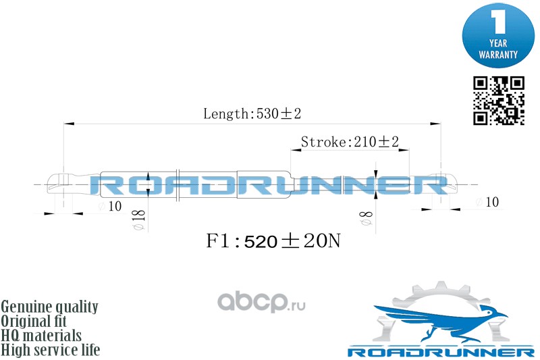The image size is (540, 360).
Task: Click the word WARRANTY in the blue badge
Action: click(498, 53)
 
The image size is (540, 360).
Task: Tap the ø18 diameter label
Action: click(139, 219)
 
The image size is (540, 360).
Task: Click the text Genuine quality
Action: click(50, 307)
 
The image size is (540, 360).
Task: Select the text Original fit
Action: click(40, 321)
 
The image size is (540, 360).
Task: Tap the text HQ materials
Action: click(42, 336)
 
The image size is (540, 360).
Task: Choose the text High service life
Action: click(51, 350)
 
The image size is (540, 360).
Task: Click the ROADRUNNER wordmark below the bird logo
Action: click(441, 353)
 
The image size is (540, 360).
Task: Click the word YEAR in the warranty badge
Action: click(498, 43)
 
